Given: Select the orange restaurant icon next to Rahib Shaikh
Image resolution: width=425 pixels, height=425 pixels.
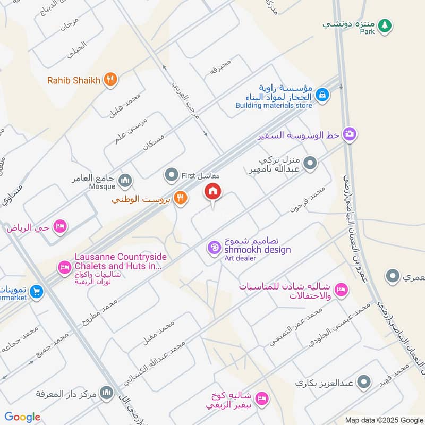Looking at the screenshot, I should [x=110, y=80].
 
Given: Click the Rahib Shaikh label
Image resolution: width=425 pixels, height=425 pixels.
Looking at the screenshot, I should [x=74, y=80].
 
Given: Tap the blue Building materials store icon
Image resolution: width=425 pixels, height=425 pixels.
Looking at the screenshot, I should [x=321, y=95].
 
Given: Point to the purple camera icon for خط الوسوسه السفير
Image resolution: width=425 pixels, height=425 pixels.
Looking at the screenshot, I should [x=349, y=134].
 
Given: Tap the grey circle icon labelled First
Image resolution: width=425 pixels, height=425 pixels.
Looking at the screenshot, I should [x=171, y=174].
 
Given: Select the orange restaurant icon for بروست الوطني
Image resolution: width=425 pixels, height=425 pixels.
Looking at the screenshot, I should [x=180, y=198].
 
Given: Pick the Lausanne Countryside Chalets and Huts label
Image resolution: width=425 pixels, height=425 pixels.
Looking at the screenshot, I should [x=121, y=261].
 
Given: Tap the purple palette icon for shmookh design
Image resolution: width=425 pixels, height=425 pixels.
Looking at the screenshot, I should [x=214, y=247].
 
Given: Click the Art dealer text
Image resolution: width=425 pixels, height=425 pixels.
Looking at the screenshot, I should [x=240, y=258].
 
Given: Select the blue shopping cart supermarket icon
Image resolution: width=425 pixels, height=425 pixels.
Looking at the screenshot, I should [x=36, y=292].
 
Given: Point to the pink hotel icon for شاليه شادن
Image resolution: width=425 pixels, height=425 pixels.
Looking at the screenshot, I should [x=342, y=290].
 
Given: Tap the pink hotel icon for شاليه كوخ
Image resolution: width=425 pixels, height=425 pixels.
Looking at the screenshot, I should [x=261, y=398].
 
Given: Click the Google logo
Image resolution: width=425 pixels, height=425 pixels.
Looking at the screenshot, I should [x=22, y=417].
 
